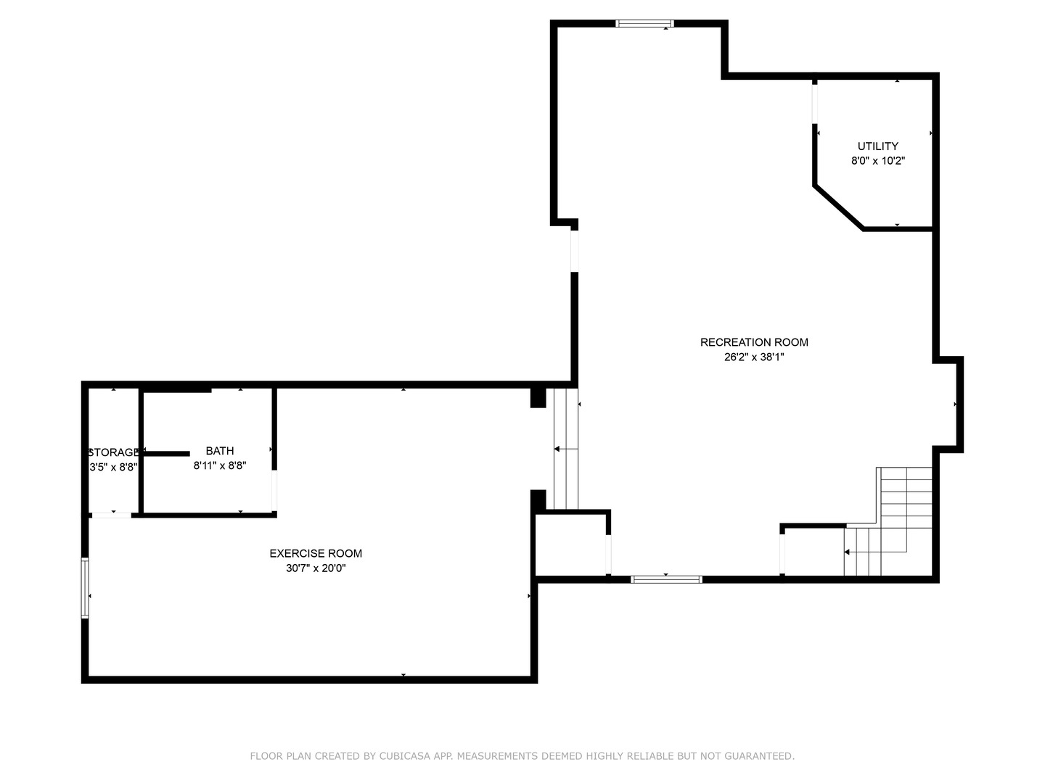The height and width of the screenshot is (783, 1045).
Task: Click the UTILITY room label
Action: coord(877,146)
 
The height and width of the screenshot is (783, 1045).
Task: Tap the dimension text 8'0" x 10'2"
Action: coord(877,161)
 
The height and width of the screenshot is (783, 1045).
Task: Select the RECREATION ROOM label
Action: coord(754,342)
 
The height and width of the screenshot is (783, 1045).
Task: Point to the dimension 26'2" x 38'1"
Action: coord(754,357)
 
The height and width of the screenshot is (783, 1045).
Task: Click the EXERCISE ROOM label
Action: coord(316,553)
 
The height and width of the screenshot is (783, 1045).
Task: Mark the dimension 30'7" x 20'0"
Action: coord(316,568)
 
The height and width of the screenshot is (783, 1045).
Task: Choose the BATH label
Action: coord(220,451)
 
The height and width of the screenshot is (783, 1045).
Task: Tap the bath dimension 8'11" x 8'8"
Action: coord(220,466)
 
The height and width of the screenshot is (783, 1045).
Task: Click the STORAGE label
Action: coord(113,452)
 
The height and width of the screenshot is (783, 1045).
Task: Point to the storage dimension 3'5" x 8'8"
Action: coord(113,468)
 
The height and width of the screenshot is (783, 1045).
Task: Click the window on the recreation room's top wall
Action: coord(644,24)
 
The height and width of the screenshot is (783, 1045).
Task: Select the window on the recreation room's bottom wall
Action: coord(666,579)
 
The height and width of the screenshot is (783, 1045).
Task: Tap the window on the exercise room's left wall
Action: coord(85,588)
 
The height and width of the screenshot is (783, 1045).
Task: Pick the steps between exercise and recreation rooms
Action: coord(565,449)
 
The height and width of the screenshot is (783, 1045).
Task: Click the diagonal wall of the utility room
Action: coord(839,208)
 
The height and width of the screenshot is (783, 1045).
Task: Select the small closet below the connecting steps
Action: coord(570,545)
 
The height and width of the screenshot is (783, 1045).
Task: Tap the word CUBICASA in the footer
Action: coord(403,756)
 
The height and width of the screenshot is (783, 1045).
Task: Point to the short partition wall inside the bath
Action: coord(166,454)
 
